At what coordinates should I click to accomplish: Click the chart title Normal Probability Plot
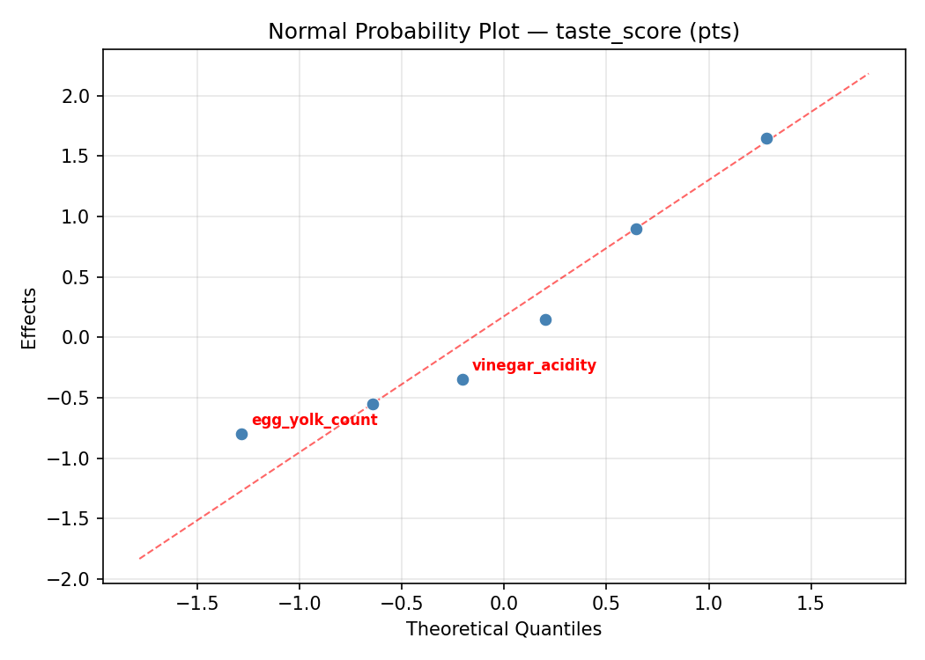503,32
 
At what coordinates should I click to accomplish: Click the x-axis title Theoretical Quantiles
503,629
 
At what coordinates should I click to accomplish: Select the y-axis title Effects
30,318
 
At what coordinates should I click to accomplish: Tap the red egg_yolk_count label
314,421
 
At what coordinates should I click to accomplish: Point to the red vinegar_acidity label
534,366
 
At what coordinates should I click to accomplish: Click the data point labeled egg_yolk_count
241,434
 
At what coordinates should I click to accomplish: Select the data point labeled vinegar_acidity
462,379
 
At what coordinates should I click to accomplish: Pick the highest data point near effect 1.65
766,138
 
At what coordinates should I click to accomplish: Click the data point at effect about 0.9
636,229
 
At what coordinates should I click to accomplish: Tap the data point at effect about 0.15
545,319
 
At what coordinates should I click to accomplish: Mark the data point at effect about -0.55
373,404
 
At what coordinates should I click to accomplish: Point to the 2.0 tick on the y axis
80,96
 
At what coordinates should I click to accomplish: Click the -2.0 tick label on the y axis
76,579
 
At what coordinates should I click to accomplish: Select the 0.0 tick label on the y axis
80,338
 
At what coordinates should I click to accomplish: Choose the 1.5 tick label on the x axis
810,605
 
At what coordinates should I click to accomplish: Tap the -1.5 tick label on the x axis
196,605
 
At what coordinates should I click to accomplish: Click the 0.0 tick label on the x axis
503,605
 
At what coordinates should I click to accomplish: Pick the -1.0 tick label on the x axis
299,605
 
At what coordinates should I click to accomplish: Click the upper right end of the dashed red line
869,73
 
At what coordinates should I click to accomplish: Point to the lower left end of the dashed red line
139,559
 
